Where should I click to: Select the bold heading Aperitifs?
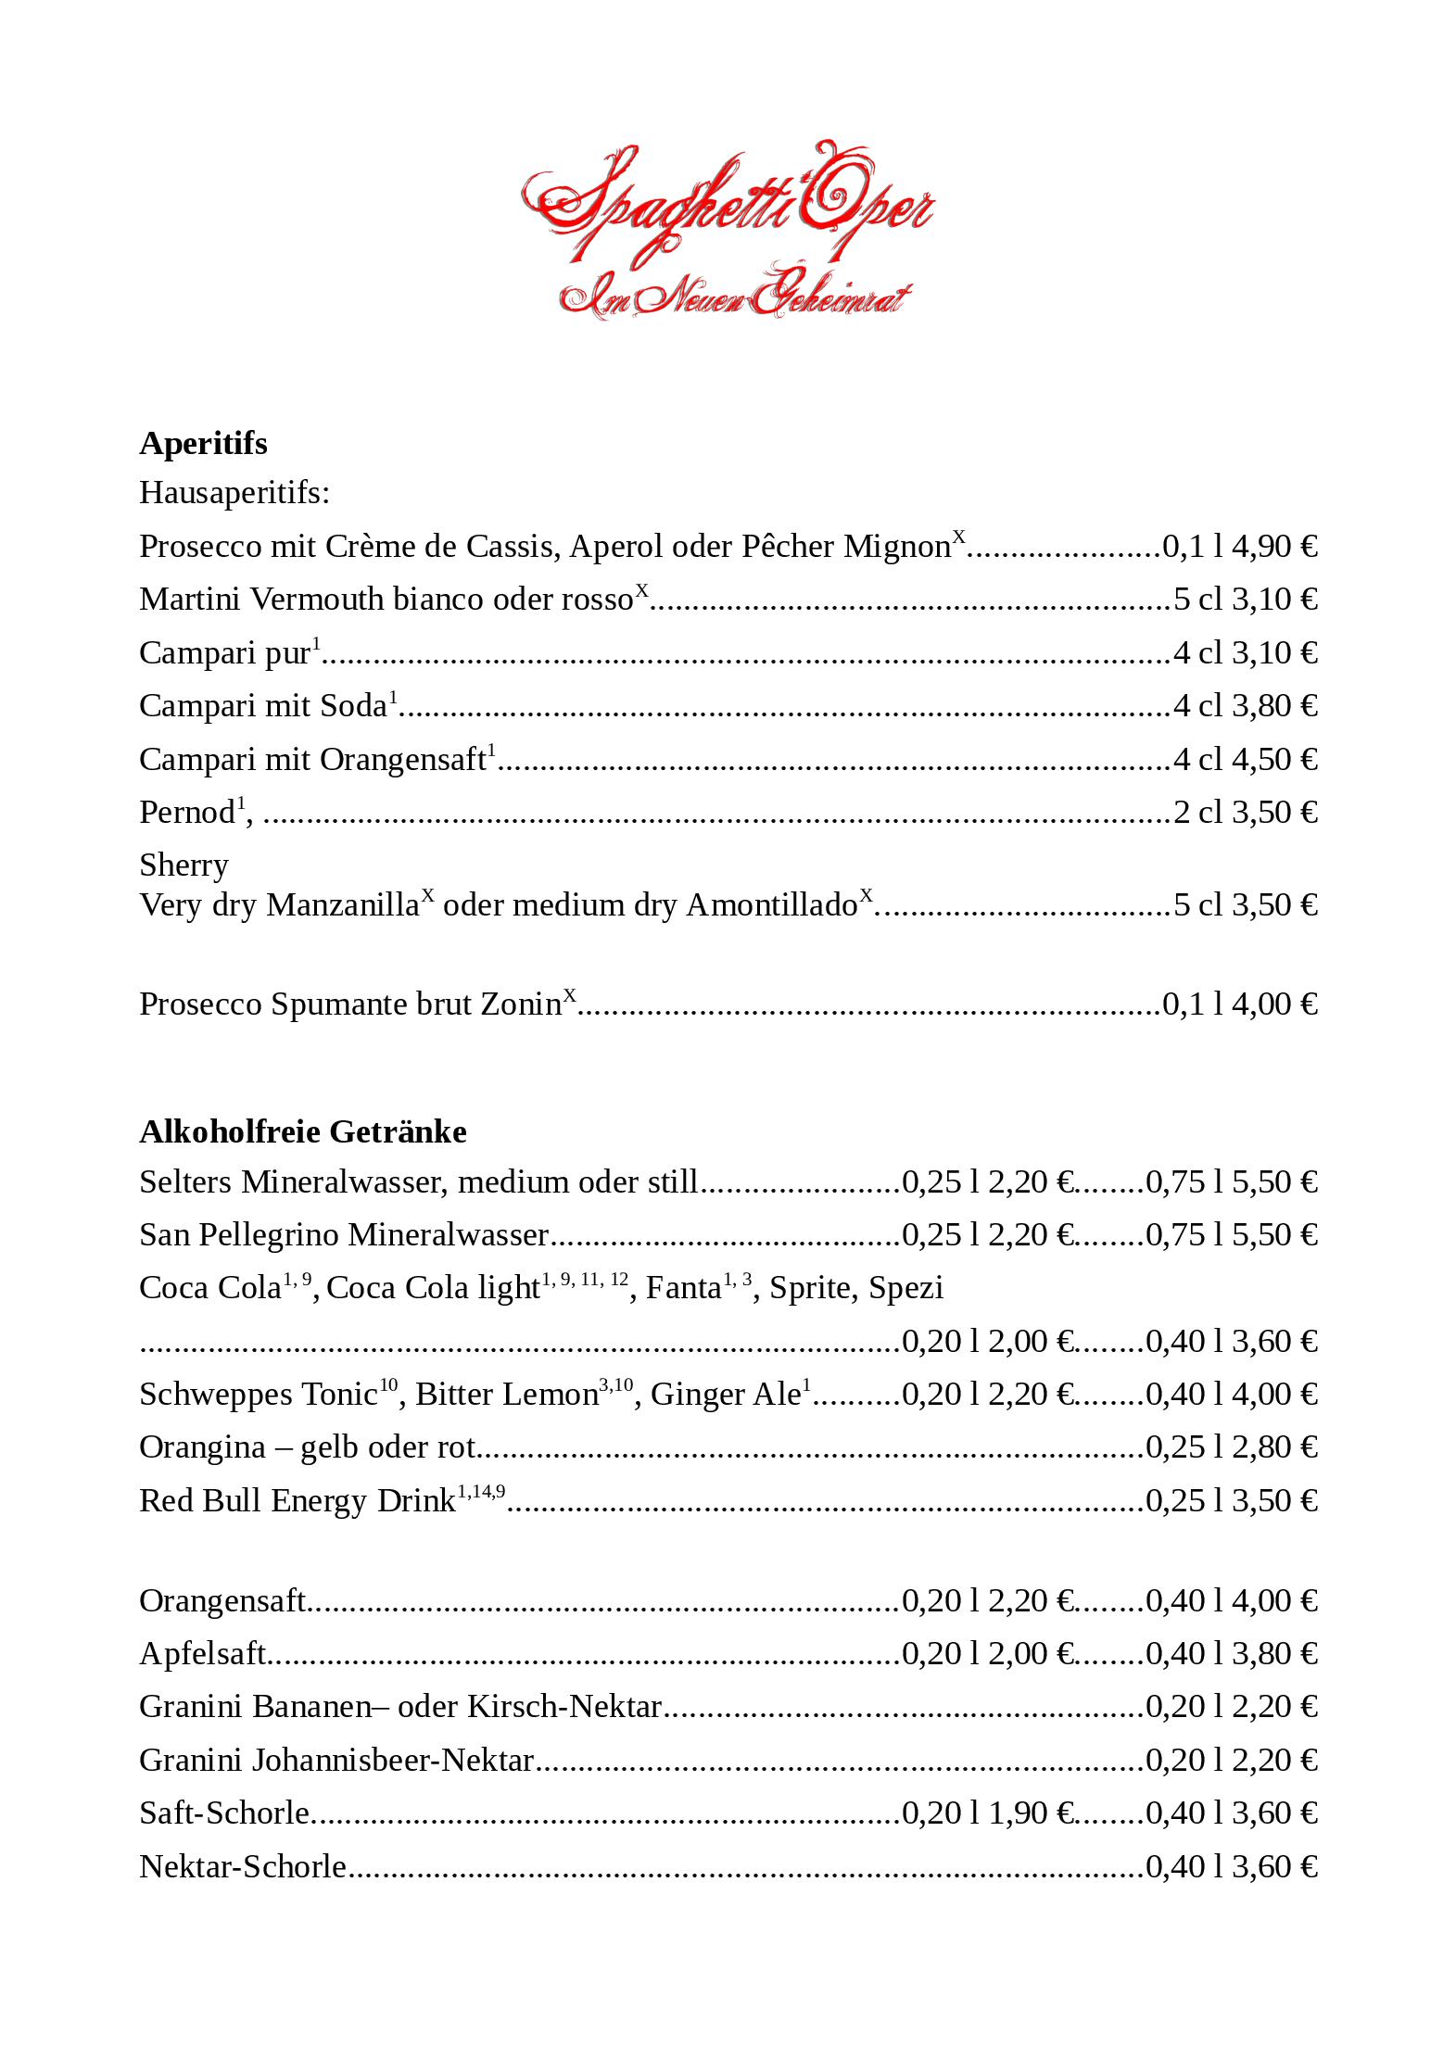point(203,443)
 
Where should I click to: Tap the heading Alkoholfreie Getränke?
point(303,1131)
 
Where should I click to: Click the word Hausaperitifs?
point(234,492)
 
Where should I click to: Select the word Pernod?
point(186,813)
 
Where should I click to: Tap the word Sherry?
point(184,865)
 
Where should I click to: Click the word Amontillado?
point(771,905)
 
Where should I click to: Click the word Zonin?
point(520,1004)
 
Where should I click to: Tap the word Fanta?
point(683,1288)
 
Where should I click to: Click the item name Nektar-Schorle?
point(243,1866)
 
